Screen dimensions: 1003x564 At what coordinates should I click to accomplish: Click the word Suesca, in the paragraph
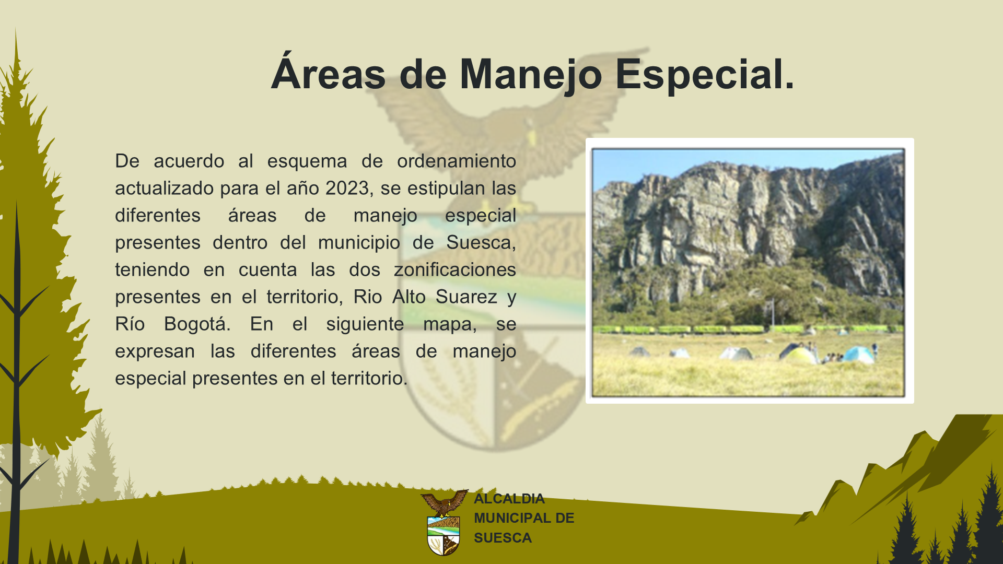481,243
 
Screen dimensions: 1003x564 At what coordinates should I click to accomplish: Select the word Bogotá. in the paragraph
197,324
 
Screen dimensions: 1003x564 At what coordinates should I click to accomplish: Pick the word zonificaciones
454,269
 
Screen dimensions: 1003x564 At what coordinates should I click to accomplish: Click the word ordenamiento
456,161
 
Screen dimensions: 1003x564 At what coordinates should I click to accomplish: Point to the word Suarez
466,297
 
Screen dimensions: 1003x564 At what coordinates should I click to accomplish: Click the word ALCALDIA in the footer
509,499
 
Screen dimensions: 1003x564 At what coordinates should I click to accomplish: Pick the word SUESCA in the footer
503,538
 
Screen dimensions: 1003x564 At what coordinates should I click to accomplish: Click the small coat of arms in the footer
444,522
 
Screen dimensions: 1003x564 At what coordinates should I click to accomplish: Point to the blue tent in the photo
858,355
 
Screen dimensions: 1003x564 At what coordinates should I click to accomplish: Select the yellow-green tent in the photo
799,355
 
